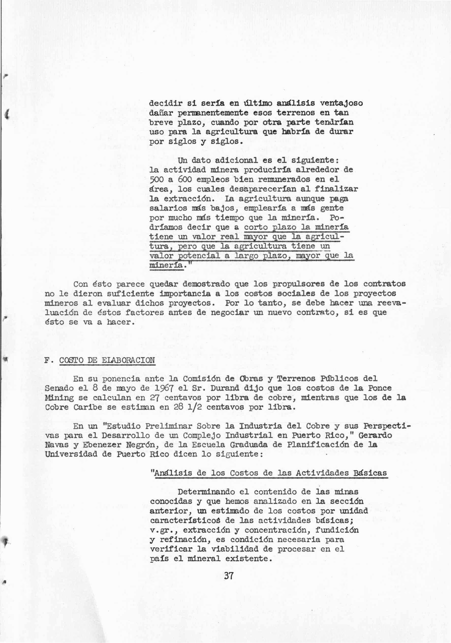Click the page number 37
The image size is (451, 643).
(x=229, y=576)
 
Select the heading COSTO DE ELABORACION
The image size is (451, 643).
(x=107, y=360)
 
